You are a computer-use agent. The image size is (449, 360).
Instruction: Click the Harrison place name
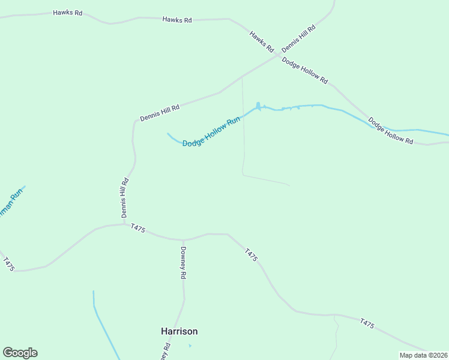point(179,331)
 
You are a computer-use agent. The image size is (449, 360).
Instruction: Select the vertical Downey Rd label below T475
point(183,263)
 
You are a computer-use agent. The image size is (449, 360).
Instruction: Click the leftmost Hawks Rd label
point(67,13)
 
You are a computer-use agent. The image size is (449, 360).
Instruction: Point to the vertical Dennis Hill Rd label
point(124,197)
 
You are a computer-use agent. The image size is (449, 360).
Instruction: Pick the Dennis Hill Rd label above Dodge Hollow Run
point(160,113)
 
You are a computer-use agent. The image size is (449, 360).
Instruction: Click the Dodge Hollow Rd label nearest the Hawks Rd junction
point(305,71)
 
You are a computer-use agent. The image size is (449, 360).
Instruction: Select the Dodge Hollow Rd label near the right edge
point(391,131)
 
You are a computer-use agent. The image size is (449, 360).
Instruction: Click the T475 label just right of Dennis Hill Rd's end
point(137,228)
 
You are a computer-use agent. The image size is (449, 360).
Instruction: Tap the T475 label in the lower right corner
point(367,324)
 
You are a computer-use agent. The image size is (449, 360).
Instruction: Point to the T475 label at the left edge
point(8,264)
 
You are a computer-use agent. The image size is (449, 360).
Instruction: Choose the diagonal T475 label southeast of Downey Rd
point(252,254)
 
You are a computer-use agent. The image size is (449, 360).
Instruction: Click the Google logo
point(20,353)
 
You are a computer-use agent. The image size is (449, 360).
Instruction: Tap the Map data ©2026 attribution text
point(423,355)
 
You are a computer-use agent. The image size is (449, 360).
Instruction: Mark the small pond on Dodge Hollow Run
point(259,107)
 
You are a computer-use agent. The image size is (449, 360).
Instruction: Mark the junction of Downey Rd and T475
point(182,239)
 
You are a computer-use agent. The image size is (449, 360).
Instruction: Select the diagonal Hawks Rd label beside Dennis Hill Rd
point(262,41)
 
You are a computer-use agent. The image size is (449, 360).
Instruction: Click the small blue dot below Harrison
point(190,346)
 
